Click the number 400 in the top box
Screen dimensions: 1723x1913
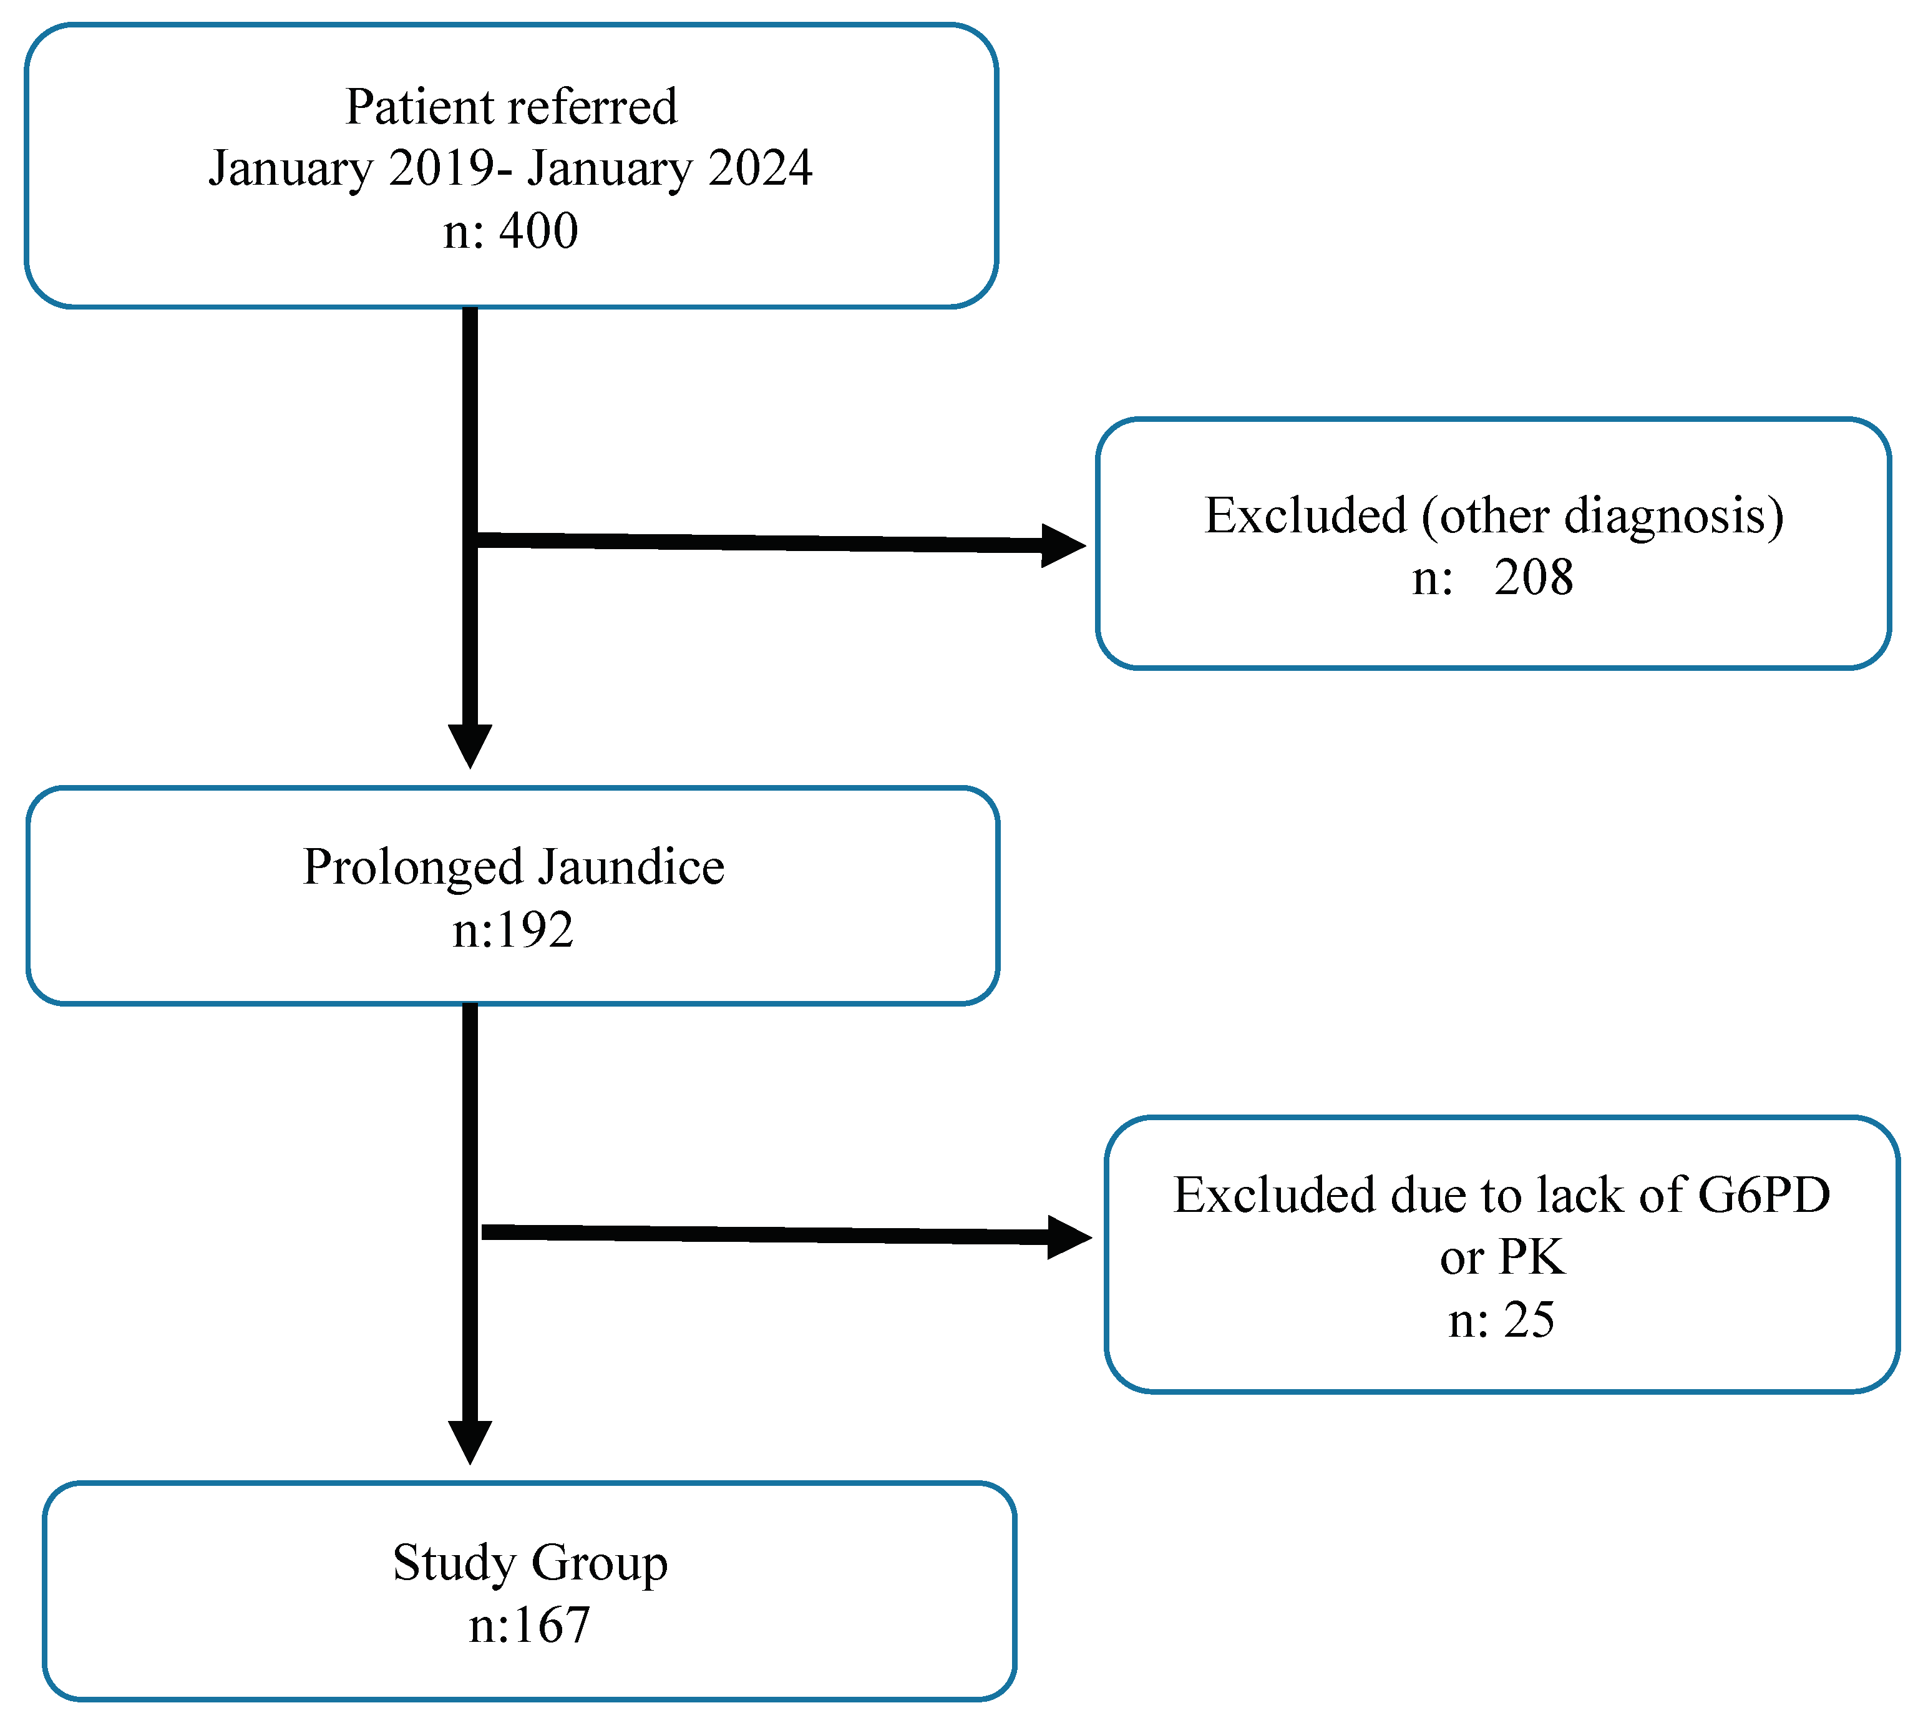click(x=538, y=231)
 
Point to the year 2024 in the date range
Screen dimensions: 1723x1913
click(x=759, y=168)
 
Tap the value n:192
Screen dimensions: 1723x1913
click(x=512, y=930)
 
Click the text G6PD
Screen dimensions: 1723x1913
click(x=1763, y=1194)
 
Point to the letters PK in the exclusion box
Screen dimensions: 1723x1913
click(x=1531, y=1257)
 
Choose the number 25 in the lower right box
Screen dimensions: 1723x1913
click(x=1528, y=1320)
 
